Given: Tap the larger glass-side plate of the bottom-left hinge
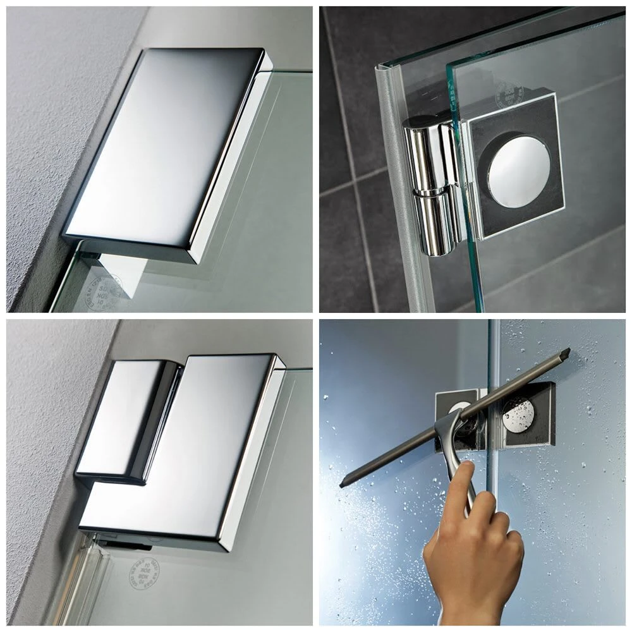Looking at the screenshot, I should tap(190, 455).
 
